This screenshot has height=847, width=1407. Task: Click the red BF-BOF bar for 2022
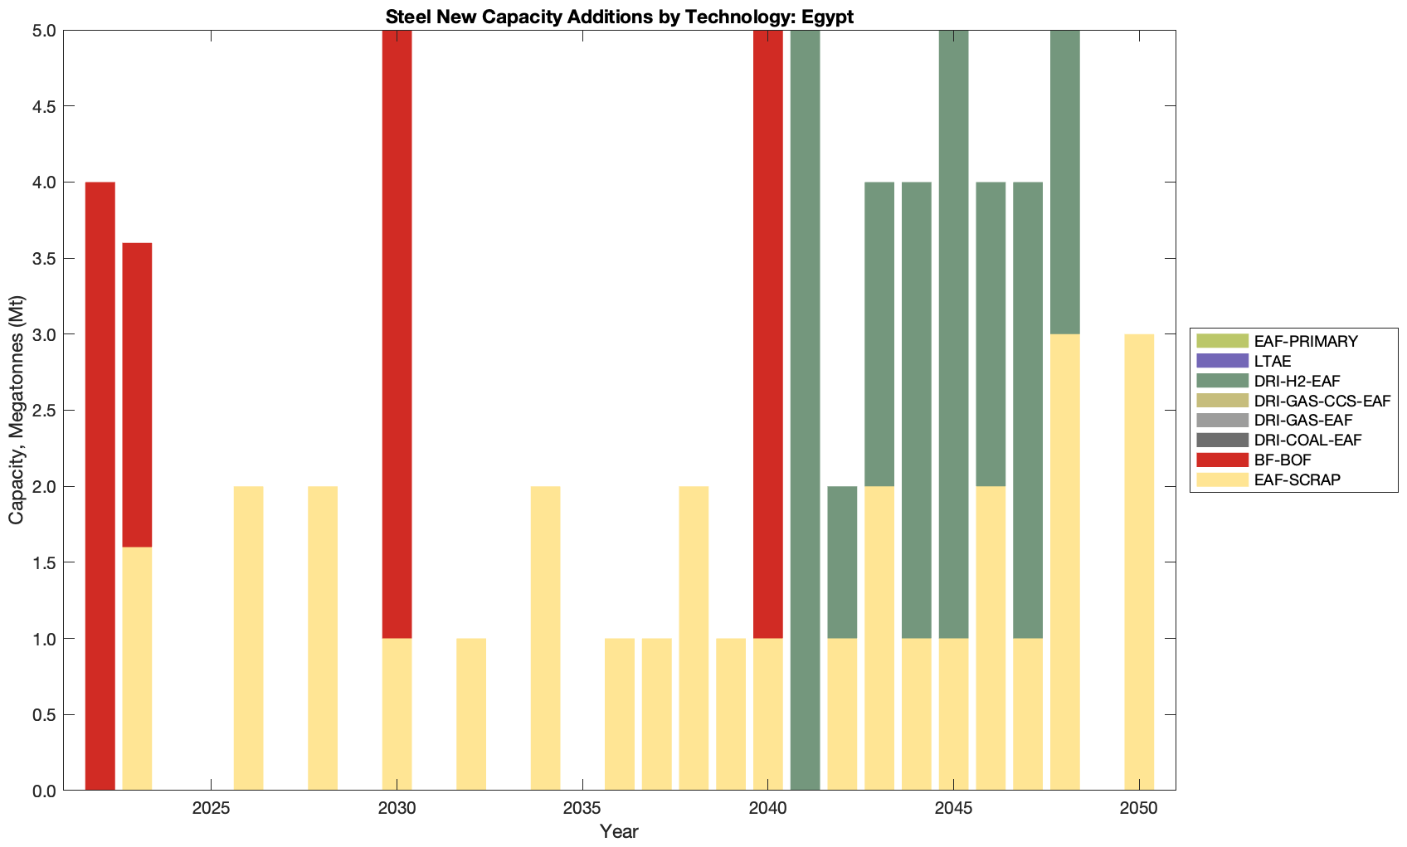[x=100, y=485]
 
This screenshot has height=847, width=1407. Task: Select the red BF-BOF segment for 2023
[x=137, y=394]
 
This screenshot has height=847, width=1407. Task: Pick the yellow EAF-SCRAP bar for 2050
[x=1139, y=562]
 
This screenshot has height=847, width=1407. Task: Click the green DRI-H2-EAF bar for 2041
[x=805, y=410]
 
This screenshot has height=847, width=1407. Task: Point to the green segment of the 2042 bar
[x=842, y=562]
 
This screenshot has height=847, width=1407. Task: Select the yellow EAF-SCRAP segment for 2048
[x=1064, y=562]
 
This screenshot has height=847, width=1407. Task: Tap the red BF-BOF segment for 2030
[x=397, y=333]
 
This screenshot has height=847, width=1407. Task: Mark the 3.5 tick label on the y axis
[x=43, y=259]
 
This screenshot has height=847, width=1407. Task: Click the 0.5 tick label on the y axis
[x=43, y=715]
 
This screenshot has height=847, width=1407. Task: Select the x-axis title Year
[x=619, y=831]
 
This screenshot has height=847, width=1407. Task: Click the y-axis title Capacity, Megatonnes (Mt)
[x=17, y=410]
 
